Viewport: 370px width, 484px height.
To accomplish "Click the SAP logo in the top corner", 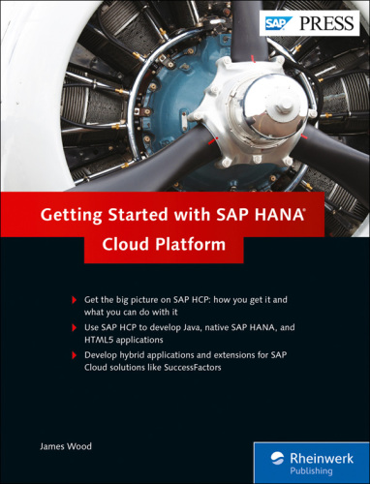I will pyautogui.click(x=278, y=20).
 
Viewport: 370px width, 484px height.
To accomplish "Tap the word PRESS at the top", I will pyautogui.click(x=326, y=20).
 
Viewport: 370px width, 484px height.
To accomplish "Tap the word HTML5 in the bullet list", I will pyautogui.click(x=100, y=344).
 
